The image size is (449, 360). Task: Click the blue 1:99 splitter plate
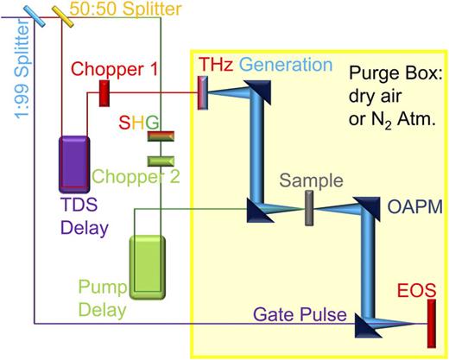point(35,13)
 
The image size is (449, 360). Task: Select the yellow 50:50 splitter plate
point(63,14)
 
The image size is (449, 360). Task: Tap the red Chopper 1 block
point(104,92)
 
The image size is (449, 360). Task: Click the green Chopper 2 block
point(161,160)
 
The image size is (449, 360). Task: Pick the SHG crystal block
point(161,136)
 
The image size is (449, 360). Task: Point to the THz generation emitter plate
point(203,92)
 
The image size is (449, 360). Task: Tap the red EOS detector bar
point(430,324)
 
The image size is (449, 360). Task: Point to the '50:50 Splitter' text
point(130,9)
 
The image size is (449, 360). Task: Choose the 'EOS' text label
point(413,287)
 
